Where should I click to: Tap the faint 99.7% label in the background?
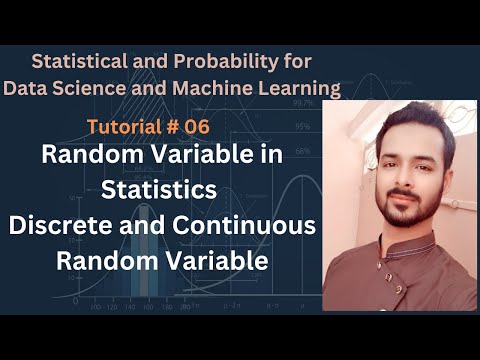(x=301, y=103)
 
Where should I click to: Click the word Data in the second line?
(x=29, y=87)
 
